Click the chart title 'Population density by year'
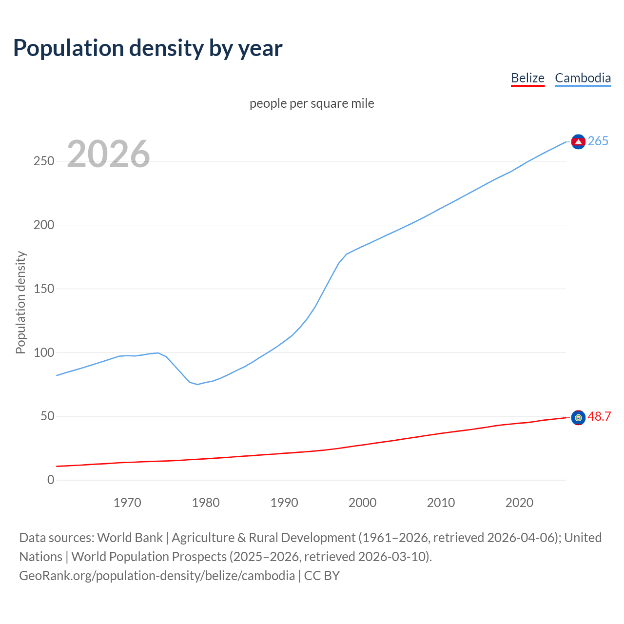tap(148, 48)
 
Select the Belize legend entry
tap(527, 78)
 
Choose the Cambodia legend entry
tap(583, 78)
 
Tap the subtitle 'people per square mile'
tap(312, 103)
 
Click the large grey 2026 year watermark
tap(108, 154)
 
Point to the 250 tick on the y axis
tap(44, 161)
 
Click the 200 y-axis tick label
tap(44, 225)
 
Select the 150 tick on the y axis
tap(44, 289)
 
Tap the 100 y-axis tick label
tap(44, 352)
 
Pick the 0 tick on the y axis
tap(51, 480)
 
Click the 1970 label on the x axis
tap(127, 503)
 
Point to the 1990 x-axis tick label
tap(284, 503)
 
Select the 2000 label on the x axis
tap(363, 503)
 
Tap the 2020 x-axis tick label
tap(519, 503)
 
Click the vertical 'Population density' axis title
tap(20, 302)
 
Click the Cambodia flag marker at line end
tap(578, 142)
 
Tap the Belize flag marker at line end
tap(578, 418)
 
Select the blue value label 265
tap(598, 141)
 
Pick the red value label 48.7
tap(599, 417)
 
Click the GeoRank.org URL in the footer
tap(157, 576)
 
